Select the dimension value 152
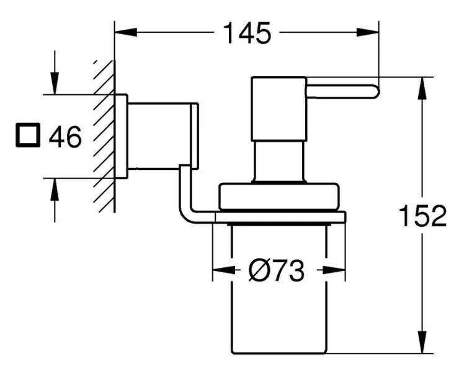(424, 216)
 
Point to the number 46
(65, 136)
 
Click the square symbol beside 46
(27, 136)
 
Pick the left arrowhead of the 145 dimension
(120, 33)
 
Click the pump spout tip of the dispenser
(372, 91)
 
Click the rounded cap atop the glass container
(279, 195)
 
